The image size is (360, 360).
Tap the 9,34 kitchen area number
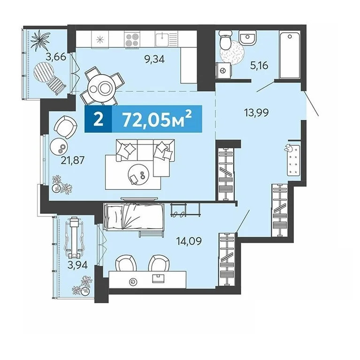[x=154, y=60]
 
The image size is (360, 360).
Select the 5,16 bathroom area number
[x=259, y=66]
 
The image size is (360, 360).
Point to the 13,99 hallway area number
[x=257, y=112]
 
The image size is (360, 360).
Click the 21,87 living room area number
[x=73, y=160]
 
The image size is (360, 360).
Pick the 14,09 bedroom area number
[x=189, y=241]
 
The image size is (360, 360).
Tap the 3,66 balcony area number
[x=56, y=56]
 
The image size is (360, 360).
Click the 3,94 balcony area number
[x=77, y=265]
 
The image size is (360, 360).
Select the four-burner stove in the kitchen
[x=132, y=39]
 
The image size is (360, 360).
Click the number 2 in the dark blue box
[x=99, y=119]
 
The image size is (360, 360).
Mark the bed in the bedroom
[x=134, y=217]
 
